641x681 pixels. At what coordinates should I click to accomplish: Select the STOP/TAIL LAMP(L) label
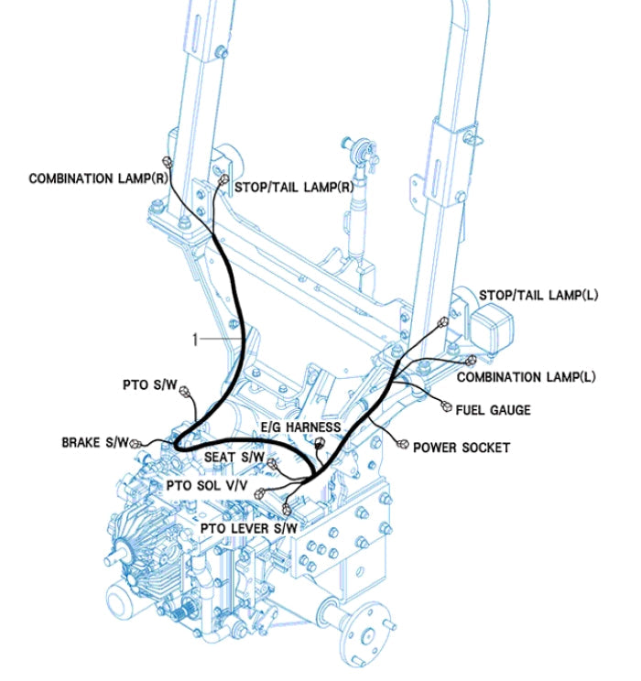(x=538, y=296)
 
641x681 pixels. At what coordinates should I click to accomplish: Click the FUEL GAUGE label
(x=493, y=410)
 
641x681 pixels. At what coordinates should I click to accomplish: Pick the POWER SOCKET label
(x=461, y=448)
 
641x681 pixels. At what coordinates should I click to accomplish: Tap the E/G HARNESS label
(x=299, y=427)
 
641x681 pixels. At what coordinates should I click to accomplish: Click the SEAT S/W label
(x=234, y=457)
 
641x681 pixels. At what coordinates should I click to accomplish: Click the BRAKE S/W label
(x=94, y=442)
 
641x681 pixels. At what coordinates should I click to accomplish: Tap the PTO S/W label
(x=149, y=385)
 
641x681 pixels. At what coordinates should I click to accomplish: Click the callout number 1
(x=194, y=339)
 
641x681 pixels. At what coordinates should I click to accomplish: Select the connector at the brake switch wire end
(x=137, y=443)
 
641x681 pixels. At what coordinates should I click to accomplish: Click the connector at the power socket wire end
(x=403, y=442)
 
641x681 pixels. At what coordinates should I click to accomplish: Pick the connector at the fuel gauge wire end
(x=446, y=405)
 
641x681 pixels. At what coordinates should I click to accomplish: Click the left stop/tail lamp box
(x=493, y=323)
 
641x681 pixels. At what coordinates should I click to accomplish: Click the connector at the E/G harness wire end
(x=320, y=443)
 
